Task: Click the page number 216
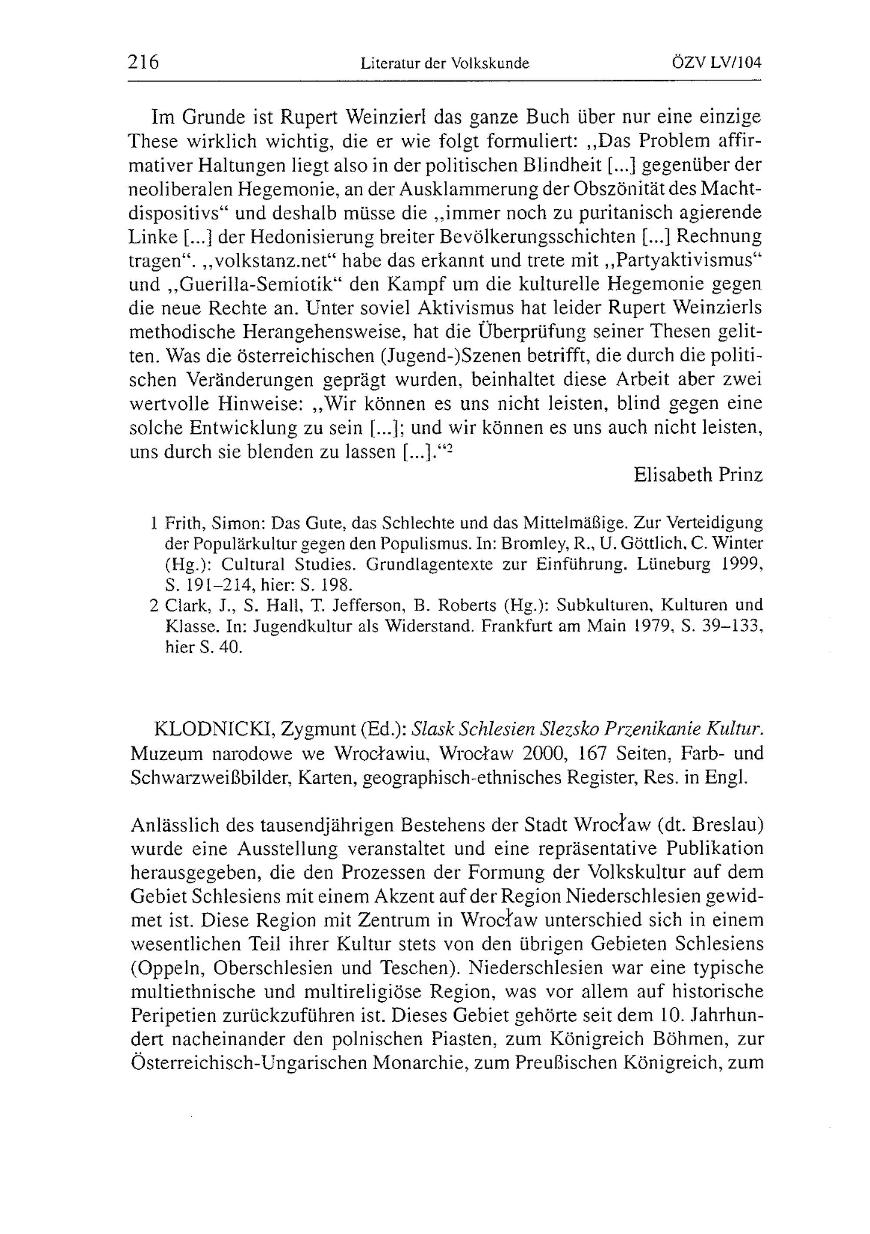coord(144,63)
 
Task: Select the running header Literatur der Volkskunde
coord(445,64)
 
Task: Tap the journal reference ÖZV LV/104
coord(717,63)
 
